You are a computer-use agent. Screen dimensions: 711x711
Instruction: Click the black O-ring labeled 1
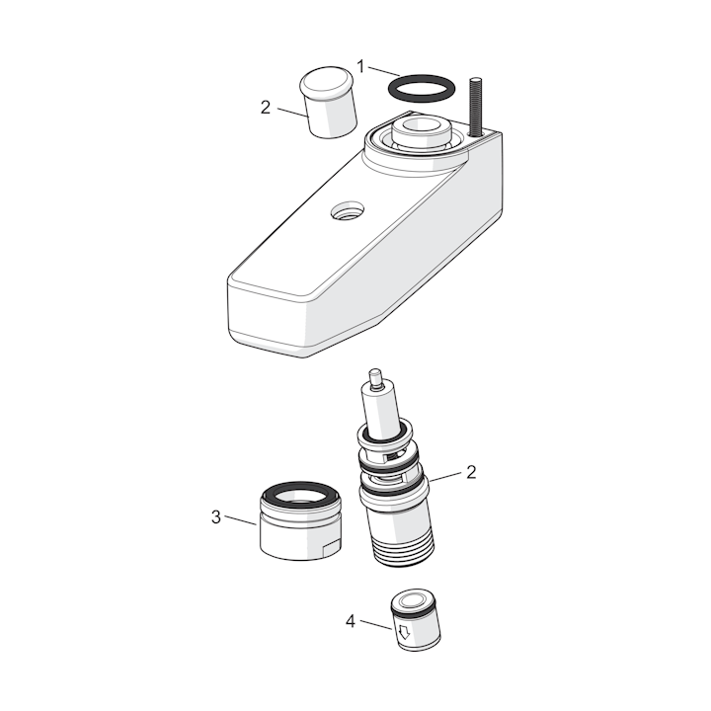[420, 78]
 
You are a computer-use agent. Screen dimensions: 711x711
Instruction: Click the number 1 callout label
[360, 67]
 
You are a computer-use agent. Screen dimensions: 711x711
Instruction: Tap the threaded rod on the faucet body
[474, 107]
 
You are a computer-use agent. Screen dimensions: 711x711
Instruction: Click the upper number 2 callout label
[266, 108]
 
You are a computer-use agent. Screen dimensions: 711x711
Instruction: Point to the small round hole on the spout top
[348, 212]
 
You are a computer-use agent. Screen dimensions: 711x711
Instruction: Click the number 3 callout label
[216, 516]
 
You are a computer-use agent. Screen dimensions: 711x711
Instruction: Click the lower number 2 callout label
[471, 472]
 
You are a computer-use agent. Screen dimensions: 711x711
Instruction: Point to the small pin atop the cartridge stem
[376, 379]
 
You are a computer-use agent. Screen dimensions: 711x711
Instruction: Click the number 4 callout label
[350, 621]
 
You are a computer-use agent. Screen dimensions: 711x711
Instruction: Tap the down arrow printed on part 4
[403, 631]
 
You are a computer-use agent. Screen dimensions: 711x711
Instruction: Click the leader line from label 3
[241, 520]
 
